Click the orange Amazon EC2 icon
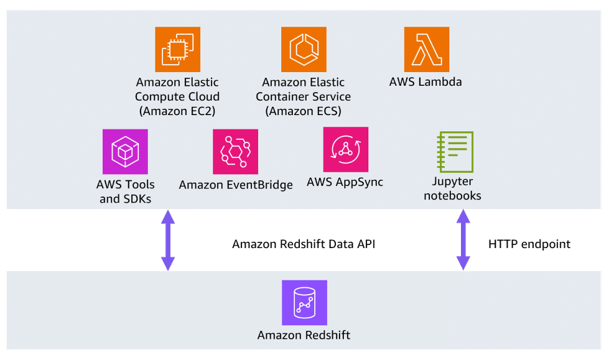[177, 49]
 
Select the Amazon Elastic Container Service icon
[304, 49]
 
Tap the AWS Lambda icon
[426, 49]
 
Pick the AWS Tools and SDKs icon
[125, 152]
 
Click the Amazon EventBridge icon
[235, 152]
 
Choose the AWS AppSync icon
[345, 149]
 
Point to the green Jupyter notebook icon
[457, 151]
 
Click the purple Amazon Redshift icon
[304, 303]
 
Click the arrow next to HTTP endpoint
[463, 240]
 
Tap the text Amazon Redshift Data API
[304, 244]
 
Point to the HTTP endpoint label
[529, 244]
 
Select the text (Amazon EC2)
[177, 111]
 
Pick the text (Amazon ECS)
[304, 111]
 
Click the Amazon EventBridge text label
[236, 185]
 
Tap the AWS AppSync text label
[345, 182]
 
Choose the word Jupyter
[452, 182]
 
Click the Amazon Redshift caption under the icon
[304, 335]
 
